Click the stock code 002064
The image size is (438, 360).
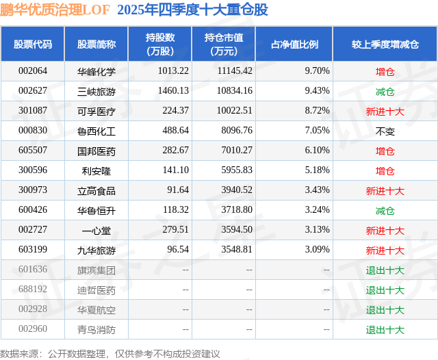(x=33, y=71)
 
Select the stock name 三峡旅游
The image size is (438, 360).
(x=96, y=91)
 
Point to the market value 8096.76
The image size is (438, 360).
(x=235, y=131)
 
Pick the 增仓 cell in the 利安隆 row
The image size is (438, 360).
(x=385, y=170)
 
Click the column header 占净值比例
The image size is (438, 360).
(x=294, y=44)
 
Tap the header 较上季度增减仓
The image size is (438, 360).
(x=385, y=44)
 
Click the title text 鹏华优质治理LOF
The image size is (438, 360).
(x=55, y=10)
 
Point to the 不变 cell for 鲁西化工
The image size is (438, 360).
(x=385, y=131)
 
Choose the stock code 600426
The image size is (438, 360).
(x=33, y=211)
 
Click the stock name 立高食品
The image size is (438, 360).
(x=96, y=191)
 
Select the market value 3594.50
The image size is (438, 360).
(x=235, y=231)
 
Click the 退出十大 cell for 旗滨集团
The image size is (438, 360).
(x=385, y=270)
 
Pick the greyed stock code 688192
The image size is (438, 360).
(x=33, y=290)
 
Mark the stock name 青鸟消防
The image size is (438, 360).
(x=96, y=330)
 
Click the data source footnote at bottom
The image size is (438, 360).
(x=109, y=353)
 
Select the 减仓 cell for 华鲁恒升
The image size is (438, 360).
(x=385, y=211)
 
